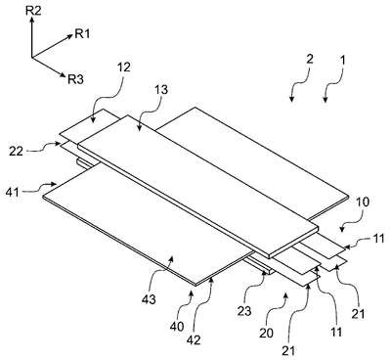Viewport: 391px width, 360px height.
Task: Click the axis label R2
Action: (33, 11)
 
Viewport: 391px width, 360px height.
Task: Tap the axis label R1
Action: (82, 33)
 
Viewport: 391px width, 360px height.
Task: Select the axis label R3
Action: (75, 79)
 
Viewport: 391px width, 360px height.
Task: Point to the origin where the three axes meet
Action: (31, 58)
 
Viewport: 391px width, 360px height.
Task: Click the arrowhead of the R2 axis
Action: (31, 20)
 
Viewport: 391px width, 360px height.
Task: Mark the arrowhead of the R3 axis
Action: (63, 75)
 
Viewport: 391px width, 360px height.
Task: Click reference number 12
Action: (123, 67)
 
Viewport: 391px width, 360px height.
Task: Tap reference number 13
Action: (161, 89)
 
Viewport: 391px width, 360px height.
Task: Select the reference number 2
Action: (310, 60)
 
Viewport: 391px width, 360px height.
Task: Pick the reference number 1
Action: (342, 60)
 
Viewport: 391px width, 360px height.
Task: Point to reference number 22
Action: (17, 151)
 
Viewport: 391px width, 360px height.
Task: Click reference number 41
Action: (12, 192)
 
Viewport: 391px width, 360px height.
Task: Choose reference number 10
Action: (363, 202)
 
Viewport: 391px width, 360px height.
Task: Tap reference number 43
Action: (149, 298)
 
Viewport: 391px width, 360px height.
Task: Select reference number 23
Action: (244, 311)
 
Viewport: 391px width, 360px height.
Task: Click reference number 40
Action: (178, 327)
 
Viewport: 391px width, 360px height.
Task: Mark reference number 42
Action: (194, 339)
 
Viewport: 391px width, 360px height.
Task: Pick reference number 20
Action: (266, 334)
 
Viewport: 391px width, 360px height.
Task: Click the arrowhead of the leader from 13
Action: (139, 128)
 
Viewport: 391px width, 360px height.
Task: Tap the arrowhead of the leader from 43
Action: (171, 259)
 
